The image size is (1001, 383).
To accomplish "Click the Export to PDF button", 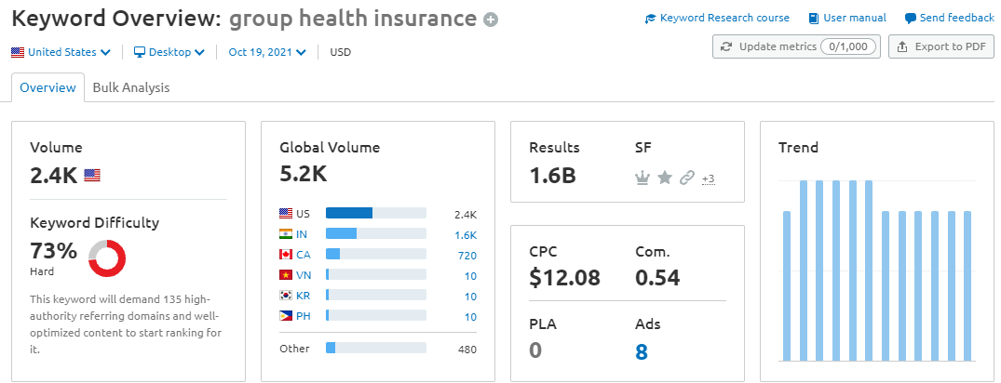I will (941, 46).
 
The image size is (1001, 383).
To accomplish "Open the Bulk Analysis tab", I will (131, 87).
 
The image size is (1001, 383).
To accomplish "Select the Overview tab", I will (47, 87).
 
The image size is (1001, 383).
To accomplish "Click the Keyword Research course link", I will (717, 18).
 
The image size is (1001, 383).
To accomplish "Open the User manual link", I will (847, 18).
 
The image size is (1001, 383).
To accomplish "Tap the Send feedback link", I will (949, 18).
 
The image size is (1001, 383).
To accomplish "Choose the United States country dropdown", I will (61, 52).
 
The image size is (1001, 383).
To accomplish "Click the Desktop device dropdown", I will (169, 52).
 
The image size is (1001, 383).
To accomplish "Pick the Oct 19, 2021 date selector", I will (267, 52).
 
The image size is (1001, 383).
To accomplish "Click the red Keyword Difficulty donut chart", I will (107, 258).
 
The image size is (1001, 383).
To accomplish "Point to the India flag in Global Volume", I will (286, 233).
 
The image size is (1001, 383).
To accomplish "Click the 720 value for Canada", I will (467, 255).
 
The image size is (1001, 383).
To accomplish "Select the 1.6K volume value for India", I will (466, 234).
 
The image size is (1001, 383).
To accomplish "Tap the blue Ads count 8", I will (641, 351).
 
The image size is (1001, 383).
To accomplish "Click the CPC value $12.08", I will (564, 277).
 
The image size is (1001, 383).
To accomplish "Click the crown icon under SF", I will (642, 178).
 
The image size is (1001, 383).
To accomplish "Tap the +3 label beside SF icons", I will (708, 178).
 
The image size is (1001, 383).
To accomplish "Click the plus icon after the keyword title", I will (491, 20).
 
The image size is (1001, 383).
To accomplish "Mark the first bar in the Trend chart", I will (787, 285).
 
